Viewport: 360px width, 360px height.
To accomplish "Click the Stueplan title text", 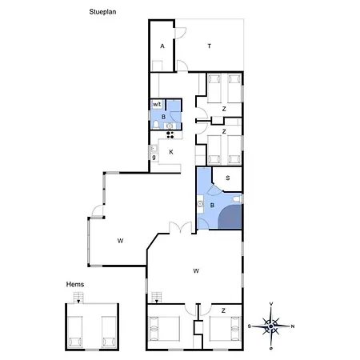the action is pyautogui.click(x=102, y=12).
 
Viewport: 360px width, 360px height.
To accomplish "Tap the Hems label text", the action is pyautogui.click(x=75, y=284).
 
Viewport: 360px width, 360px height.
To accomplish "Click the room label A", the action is pyautogui.click(x=162, y=46).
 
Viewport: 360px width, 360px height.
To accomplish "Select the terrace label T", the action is pyautogui.click(x=210, y=46).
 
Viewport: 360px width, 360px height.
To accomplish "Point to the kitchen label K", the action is pyautogui.click(x=171, y=152).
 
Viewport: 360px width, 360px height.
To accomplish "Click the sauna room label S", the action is pyautogui.click(x=228, y=178).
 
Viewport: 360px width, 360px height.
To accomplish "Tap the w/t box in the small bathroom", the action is pyautogui.click(x=157, y=104).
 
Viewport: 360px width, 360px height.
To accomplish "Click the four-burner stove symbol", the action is pyautogui.click(x=170, y=135).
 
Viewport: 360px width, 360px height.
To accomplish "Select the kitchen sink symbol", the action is pyautogui.click(x=154, y=148).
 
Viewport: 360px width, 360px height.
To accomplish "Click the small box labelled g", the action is pyautogui.click(x=154, y=158).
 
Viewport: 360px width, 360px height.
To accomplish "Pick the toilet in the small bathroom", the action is pyautogui.click(x=156, y=124).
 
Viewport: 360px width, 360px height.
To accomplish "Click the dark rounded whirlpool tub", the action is pyautogui.click(x=230, y=217).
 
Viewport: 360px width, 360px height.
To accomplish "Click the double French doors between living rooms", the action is pyautogui.click(x=181, y=227).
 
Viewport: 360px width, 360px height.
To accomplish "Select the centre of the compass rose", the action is pyautogui.click(x=271, y=326).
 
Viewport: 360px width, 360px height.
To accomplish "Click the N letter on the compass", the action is pyautogui.click(x=293, y=326).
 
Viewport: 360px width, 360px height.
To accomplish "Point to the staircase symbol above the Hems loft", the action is pyautogui.click(x=78, y=298).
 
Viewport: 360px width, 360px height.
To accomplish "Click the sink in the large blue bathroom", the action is pyautogui.click(x=200, y=204).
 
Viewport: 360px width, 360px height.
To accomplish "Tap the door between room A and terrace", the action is pyautogui.click(x=180, y=33).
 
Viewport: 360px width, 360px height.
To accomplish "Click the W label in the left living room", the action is pyautogui.click(x=120, y=241).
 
